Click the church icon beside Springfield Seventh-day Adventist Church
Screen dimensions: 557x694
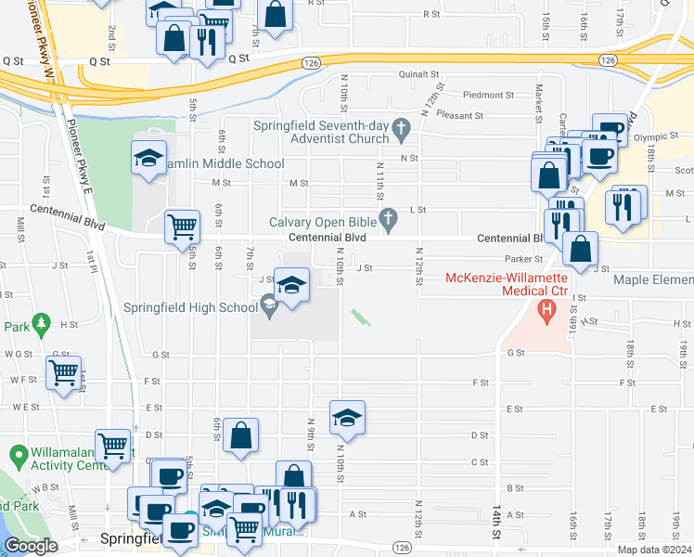[x=401, y=129]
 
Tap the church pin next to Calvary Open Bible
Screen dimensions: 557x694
[x=389, y=220]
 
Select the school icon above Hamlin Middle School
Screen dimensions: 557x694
[x=148, y=159]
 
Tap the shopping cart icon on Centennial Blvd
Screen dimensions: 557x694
[x=182, y=227]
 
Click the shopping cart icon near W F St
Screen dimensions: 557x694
[x=63, y=374]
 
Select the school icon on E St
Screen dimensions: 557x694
[x=347, y=419]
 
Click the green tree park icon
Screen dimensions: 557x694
[x=40, y=324]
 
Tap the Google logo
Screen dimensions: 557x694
[x=31, y=546]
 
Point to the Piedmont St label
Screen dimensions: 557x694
[x=488, y=95]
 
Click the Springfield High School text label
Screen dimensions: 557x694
[x=190, y=307]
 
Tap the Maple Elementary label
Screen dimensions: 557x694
[x=653, y=279]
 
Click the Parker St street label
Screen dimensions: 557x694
[x=522, y=258]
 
